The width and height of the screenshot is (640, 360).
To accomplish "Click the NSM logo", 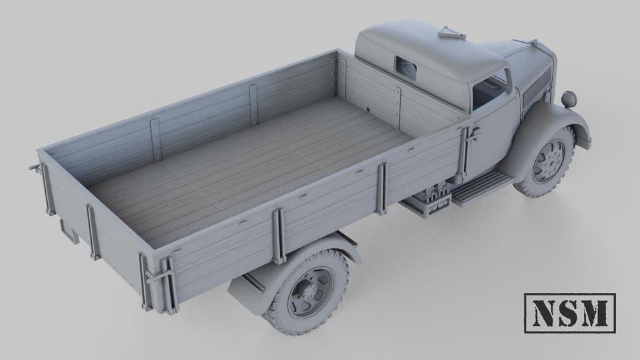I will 569,313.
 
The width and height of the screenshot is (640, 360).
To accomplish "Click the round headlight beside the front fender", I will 570,99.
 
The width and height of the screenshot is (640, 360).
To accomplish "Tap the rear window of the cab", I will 406,66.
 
